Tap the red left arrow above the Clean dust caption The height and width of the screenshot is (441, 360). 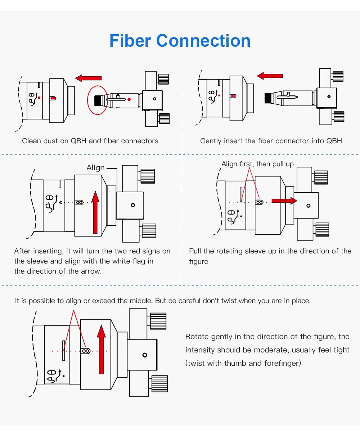click(x=89, y=78)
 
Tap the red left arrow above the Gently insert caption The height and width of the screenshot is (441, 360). click(x=270, y=76)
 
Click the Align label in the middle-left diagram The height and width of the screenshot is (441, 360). click(x=95, y=168)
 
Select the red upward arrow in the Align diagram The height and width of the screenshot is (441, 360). click(x=95, y=212)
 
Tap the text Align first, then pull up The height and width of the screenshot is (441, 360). click(x=257, y=164)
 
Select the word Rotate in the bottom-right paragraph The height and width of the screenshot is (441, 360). click(x=197, y=337)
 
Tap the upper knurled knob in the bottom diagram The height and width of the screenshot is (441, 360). click(x=158, y=320)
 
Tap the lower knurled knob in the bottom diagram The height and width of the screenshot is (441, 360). click(x=159, y=383)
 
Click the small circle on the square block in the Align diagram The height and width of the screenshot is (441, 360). click(x=133, y=205)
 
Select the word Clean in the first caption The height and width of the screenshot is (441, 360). click(x=31, y=141)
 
